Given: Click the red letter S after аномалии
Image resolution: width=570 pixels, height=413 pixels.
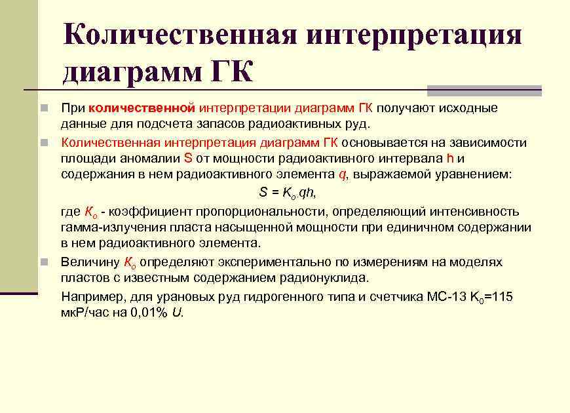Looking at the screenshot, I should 188,158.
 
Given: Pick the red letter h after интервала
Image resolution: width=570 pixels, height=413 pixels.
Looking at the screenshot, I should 449,158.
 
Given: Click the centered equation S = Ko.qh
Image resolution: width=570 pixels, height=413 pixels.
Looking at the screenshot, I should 288,193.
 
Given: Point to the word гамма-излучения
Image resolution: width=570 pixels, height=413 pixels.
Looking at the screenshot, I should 107,227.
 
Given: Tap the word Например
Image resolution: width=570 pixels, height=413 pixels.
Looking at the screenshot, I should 88,297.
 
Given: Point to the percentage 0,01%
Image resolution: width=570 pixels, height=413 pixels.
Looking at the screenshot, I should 151,313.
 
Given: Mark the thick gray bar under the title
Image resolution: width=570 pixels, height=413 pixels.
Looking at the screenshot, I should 484,90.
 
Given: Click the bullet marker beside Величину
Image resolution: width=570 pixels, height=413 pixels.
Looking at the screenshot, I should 44,263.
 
